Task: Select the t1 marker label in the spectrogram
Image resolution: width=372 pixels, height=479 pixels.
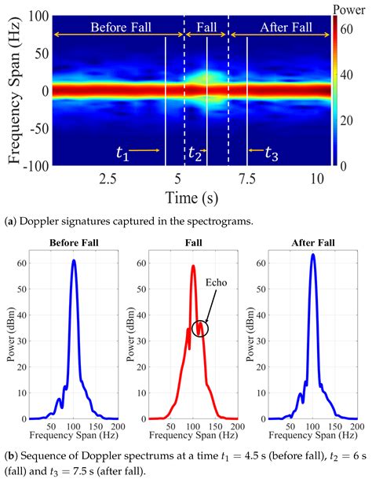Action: pos(122,152)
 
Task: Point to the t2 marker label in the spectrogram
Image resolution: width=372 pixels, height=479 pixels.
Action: pos(195,153)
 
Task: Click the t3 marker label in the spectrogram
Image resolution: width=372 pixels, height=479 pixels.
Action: pos(271,153)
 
